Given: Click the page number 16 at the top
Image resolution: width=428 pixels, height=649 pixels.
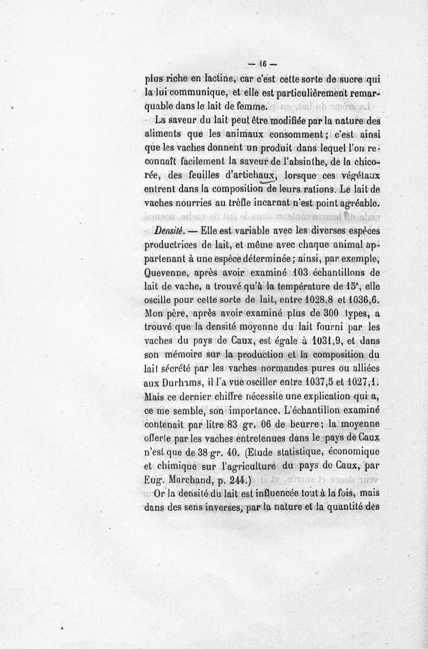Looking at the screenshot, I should (x=261, y=61).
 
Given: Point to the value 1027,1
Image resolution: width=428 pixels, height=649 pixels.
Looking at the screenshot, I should (x=363, y=384).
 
